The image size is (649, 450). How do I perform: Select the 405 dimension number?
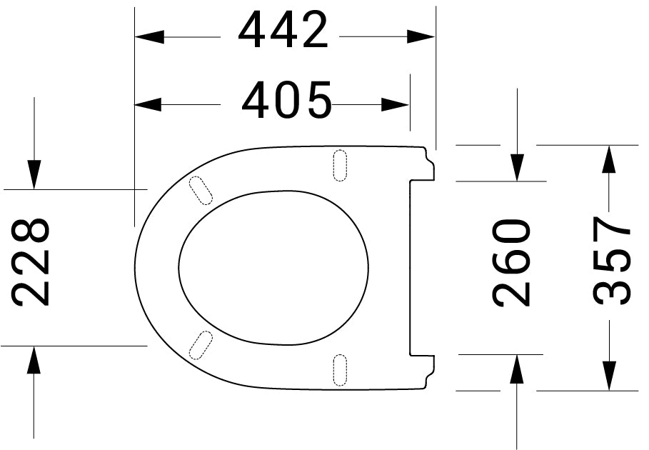click(286, 101)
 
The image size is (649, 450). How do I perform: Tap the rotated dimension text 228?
click(33, 262)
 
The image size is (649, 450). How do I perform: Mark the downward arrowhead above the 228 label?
click(34, 175)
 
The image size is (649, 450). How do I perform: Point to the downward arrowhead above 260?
click(518, 167)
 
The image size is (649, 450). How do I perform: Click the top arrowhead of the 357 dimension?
click(608, 159)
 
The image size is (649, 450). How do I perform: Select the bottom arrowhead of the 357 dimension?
click(608, 376)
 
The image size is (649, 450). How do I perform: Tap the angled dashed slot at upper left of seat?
click(201, 191)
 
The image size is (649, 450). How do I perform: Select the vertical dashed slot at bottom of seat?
click(341, 369)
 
